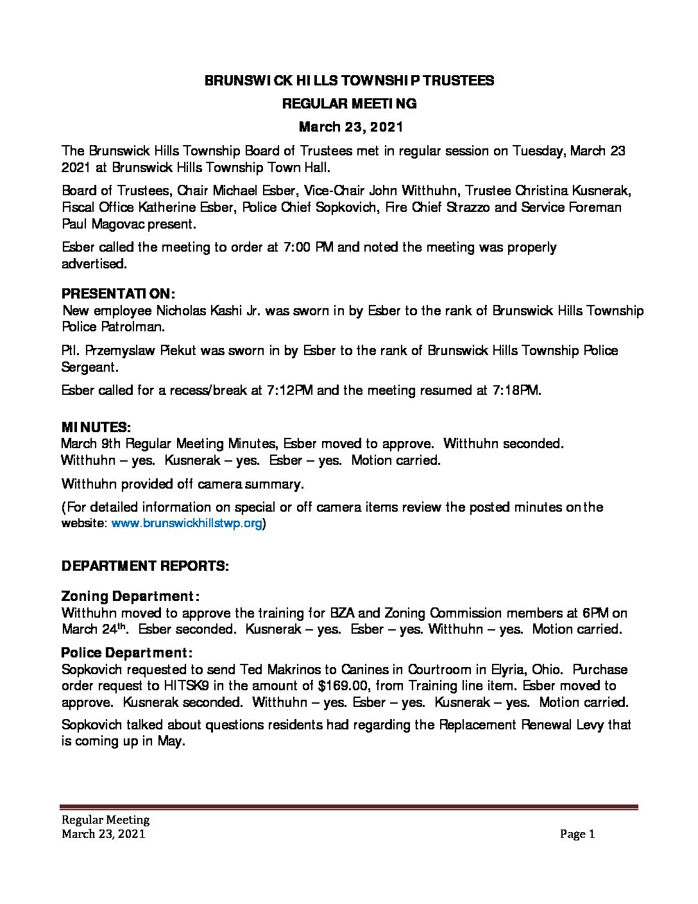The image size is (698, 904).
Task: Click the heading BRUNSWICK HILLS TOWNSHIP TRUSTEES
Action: (x=349, y=80)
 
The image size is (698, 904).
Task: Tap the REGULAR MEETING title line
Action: (x=349, y=103)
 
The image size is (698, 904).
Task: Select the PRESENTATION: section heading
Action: (x=117, y=294)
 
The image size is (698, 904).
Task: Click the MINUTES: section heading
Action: (x=96, y=427)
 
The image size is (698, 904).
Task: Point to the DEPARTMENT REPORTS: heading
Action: (x=145, y=566)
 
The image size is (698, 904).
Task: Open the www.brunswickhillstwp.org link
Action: (x=187, y=523)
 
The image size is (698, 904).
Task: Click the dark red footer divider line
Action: (x=349, y=807)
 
